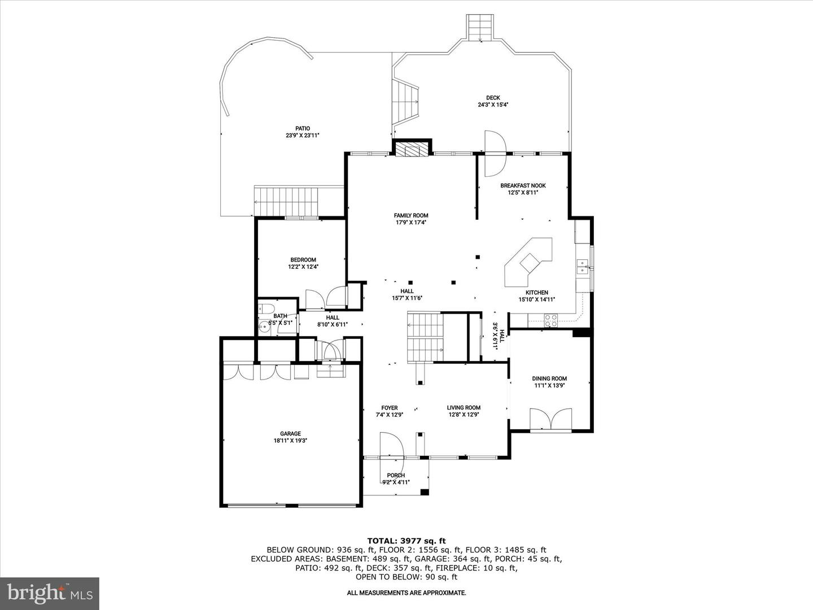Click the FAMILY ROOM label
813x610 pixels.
tap(411, 215)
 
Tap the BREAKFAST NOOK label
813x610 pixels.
tap(523, 186)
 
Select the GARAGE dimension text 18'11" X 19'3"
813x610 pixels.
tap(290, 441)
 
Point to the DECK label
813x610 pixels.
tap(493, 98)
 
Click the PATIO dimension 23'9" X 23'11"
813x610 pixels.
tap(303, 136)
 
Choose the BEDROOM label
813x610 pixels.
tap(303, 260)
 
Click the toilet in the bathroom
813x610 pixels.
tap(265, 308)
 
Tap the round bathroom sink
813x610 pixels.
tap(264, 327)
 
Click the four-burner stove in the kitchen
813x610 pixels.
tap(550, 320)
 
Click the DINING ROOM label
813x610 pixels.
tap(549, 378)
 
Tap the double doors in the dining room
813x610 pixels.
tap(551, 419)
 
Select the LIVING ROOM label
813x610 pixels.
tap(464, 408)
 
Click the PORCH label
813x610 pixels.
tap(396, 475)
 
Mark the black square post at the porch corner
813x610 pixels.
tap(425, 492)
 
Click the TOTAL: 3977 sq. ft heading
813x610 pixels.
tap(406, 541)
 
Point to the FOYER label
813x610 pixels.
tap(389, 408)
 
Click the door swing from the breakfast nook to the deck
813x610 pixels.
tap(495, 153)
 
